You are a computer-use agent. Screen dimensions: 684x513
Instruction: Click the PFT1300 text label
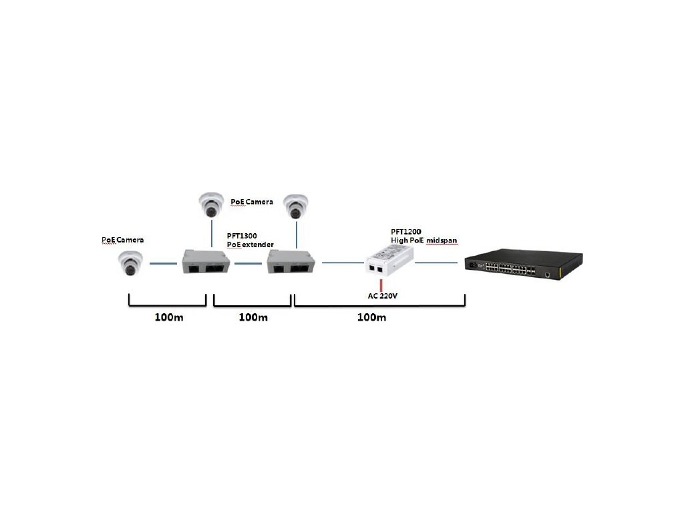242,236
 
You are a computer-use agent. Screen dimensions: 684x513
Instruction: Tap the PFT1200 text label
405,232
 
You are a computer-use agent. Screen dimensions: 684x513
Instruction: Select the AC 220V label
383,296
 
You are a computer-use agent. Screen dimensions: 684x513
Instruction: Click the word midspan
442,240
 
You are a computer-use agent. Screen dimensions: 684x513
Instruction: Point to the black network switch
524,263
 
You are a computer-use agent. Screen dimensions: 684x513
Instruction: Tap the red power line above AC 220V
381,285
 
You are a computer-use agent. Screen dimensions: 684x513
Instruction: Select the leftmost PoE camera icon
130,263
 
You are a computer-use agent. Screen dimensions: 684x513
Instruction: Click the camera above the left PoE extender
212,204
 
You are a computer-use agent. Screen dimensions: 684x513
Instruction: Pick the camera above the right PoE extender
296,207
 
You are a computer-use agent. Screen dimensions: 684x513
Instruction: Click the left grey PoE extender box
206,261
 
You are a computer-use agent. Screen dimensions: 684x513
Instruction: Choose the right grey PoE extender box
291,262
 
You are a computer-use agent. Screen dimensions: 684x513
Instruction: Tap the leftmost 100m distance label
169,317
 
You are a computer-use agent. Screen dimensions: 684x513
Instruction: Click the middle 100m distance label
253,317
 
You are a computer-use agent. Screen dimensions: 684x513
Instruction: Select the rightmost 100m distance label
371,317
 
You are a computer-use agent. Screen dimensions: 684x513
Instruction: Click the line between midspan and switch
436,263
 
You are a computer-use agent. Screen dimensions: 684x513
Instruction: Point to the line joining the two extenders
248,263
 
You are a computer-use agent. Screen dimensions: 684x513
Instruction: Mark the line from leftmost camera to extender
163,263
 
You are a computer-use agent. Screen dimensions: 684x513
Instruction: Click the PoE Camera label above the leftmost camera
123,240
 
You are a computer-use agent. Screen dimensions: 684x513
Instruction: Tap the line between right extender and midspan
343,263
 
